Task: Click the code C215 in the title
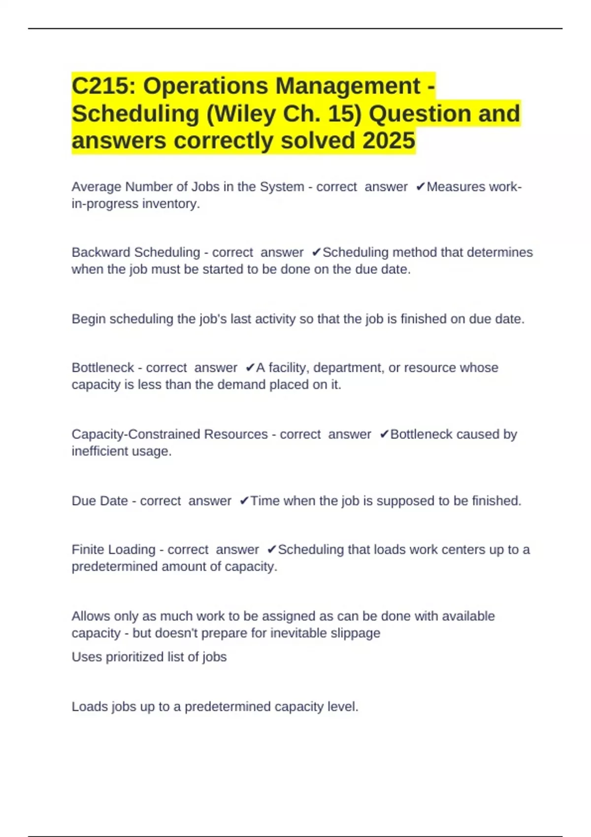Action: click(102, 86)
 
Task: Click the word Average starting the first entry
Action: click(97, 187)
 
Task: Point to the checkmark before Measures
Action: click(420, 187)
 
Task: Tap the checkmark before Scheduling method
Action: click(316, 253)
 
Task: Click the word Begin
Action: click(89, 319)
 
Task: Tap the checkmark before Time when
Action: click(244, 501)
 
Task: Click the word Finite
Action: click(89, 549)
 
